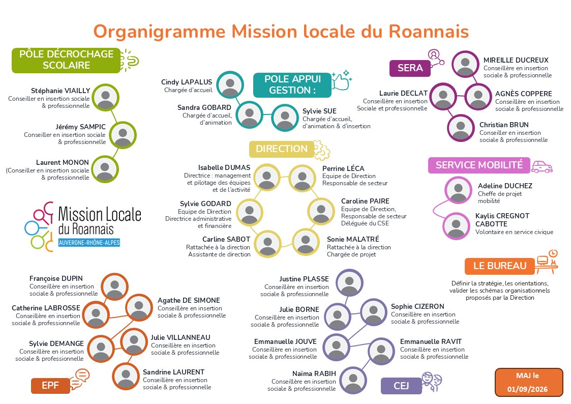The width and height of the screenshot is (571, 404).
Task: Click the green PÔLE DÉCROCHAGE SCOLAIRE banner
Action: click(66, 61)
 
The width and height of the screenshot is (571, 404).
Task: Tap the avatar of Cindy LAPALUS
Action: click(230, 84)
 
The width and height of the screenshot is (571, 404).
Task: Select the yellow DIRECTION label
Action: click(281, 149)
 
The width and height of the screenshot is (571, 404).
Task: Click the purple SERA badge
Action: click(410, 68)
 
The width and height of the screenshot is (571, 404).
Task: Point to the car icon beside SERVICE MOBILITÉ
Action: click(542, 167)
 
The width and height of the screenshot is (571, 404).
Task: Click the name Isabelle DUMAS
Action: click(224, 167)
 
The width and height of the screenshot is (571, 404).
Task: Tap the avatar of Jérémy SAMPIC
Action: click(123, 135)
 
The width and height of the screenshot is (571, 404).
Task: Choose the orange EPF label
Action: click(50, 386)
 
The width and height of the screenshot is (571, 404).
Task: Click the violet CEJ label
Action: click(401, 386)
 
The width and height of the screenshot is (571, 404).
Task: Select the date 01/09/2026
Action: click(527, 389)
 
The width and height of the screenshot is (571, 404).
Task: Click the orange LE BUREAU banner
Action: click(500, 266)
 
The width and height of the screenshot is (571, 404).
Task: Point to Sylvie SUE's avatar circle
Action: click(285, 118)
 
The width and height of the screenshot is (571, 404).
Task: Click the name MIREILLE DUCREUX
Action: click(516, 60)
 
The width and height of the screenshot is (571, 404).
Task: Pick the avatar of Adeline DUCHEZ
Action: click(458, 190)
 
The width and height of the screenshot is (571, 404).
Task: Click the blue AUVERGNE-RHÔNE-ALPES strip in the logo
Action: click(89, 243)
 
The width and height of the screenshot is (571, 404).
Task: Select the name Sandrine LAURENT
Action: click(173, 372)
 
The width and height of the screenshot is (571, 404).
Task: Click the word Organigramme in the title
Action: click(160, 32)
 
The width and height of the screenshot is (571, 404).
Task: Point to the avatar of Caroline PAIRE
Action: click(321, 211)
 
